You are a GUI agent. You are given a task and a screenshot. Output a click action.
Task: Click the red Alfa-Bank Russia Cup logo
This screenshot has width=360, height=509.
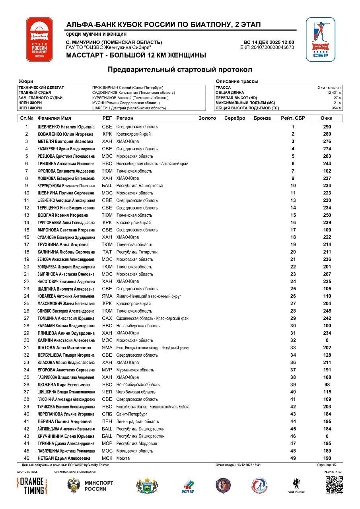click(x=39, y=39)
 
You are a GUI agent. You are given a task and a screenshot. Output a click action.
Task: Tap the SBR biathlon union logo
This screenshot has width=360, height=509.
click(x=320, y=39)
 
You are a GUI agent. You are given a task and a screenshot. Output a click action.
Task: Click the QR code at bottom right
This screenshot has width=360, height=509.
click(x=334, y=485)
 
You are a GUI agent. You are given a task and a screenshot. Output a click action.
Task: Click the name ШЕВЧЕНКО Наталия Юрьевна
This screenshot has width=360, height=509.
click(x=66, y=127)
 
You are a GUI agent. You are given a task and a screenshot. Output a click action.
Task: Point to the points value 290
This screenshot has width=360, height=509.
click(x=327, y=127)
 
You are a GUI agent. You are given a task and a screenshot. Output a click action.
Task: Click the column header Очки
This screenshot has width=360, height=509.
click(x=327, y=118)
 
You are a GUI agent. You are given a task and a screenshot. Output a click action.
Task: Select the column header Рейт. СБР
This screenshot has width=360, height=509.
click(x=293, y=118)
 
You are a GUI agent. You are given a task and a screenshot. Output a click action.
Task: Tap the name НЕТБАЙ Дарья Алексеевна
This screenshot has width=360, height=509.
click(x=64, y=458)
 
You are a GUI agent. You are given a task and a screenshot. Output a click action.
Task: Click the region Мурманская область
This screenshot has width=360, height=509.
click(x=135, y=370)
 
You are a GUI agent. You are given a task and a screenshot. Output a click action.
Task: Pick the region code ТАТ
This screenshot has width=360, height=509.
click(x=107, y=252)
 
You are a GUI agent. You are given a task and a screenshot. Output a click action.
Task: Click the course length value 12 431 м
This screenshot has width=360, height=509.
click(x=334, y=93)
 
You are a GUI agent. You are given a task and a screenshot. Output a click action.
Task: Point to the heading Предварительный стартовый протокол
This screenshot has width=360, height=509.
click(x=180, y=70)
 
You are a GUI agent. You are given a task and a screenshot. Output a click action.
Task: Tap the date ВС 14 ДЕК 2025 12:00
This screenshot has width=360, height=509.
click(x=269, y=43)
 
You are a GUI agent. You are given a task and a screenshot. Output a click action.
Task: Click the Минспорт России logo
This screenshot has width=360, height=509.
click(x=91, y=486)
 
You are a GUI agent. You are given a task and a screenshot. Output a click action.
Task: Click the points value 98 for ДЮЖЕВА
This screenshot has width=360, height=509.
click(x=327, y=385)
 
